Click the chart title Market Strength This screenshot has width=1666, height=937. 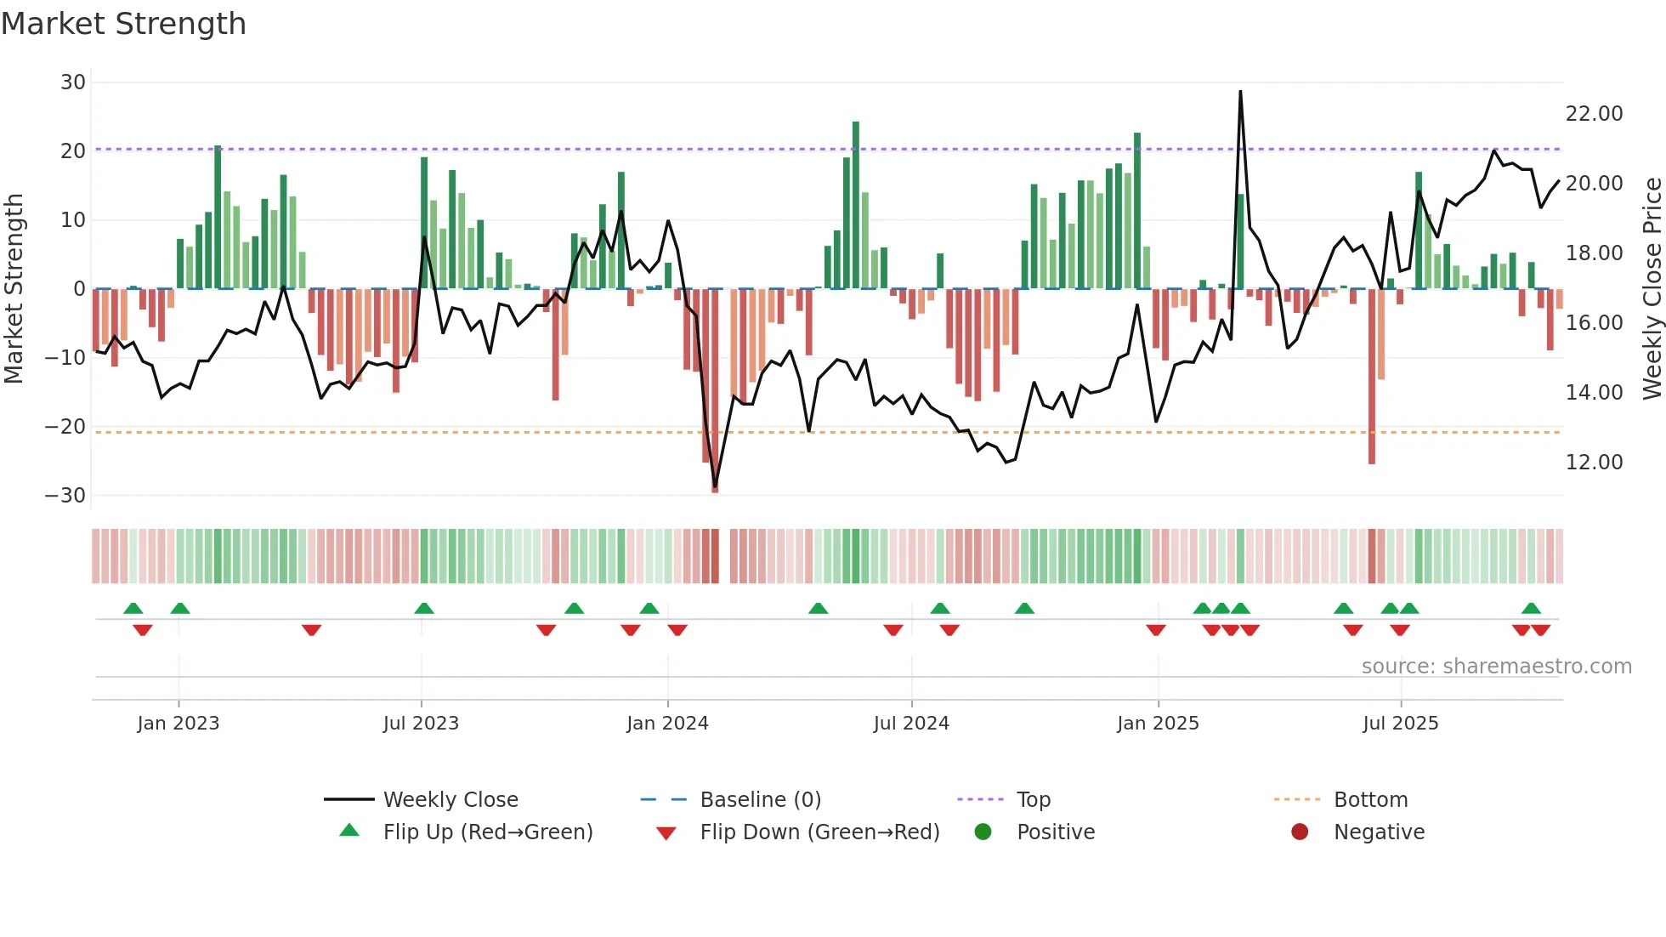pos(123,24)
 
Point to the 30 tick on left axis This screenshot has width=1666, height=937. pos(73,82)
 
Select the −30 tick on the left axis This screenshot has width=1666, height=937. pos(65,496)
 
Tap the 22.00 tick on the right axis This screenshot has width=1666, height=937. pos(1594,114)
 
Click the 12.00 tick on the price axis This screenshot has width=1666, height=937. pos(1594,463)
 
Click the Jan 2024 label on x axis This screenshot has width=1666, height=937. pos(667,724)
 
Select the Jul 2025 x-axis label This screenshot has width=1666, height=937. pos(1400,724)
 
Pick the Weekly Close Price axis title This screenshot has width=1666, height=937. pos(1652,289)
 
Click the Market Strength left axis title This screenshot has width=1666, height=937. pos(14,289)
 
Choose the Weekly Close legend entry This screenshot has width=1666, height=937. pos(450,800)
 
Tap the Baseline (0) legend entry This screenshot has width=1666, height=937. pos(760,800)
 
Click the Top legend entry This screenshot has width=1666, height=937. pos(1033,800)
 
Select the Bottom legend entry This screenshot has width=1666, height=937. pos(1370,800)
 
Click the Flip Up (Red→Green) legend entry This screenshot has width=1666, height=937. pos(487,832)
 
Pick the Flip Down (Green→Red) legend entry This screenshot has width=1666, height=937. pos(819,832)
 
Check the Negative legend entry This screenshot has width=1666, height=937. pos(1378,832)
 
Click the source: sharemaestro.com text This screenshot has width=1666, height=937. pos(1496,667)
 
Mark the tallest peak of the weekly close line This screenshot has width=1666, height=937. pos(1240,92)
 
